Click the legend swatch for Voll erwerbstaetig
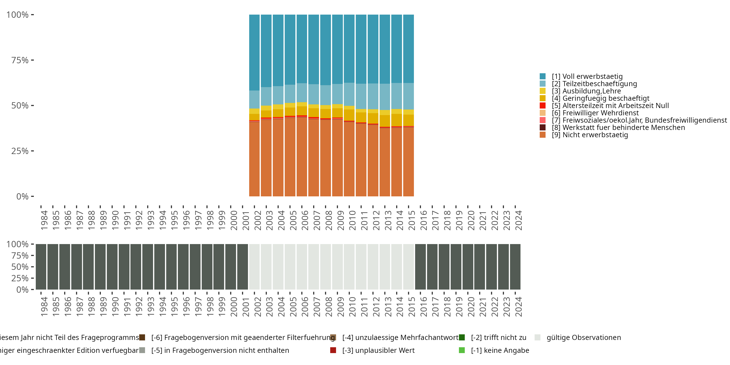pos(542,76)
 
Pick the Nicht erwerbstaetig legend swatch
pos(542,135)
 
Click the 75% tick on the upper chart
pos(20,60)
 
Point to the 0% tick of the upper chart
pos(22,196)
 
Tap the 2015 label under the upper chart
pos(411,220)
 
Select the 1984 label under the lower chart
pos(44,307)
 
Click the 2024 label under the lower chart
pos(518,307)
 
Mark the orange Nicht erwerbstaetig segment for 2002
pos(254,159)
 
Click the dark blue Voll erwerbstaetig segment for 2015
pos(408,48)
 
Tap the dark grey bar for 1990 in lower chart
pos(112,267)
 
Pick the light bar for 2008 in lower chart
pos(325,267)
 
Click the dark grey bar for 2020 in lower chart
pos(468,267)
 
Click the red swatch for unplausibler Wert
pos(333,350)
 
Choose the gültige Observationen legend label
pos(584,338)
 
